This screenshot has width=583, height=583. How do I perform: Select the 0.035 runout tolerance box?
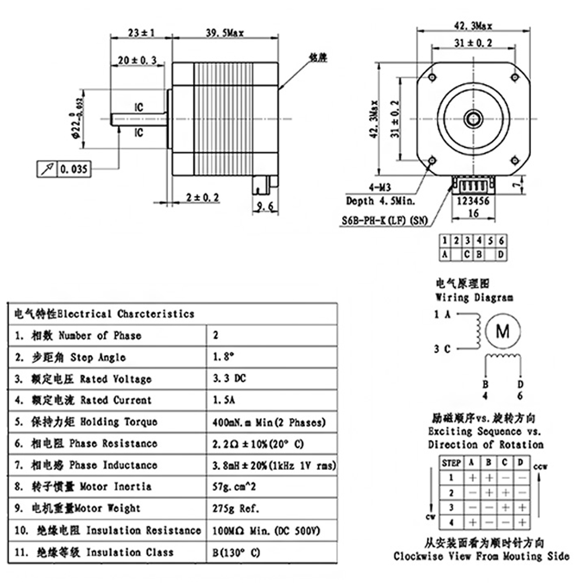(64, 169)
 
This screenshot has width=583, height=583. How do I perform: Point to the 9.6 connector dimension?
(264, 206)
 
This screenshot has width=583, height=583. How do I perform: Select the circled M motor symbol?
(502, 331)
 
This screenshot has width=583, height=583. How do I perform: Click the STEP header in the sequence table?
(451, 463)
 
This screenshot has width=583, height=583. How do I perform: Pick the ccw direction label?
(542, 466)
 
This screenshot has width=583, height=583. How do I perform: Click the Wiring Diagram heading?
(475, 297)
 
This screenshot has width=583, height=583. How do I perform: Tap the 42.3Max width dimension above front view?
(473, 26)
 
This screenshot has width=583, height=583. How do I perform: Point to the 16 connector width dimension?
(472, 213)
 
